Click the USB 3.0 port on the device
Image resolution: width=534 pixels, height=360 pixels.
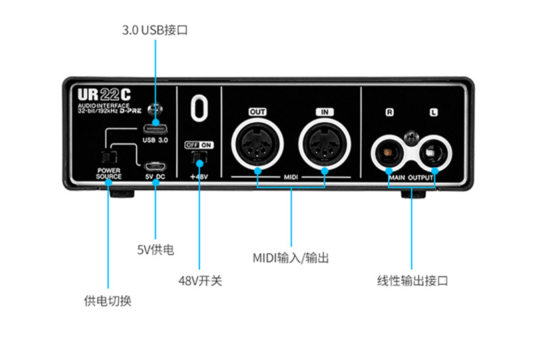tap(156, 129)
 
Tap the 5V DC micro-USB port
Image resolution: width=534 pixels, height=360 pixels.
tap(155, 166)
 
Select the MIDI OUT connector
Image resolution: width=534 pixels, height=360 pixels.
tap(258, 144)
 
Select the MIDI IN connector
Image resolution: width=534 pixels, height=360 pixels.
tap(324, 144)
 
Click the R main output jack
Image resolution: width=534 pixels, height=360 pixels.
tap(388, 152)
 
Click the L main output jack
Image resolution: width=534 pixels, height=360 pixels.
tap(434, 152)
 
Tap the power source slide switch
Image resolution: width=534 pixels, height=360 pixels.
tap(109, 157)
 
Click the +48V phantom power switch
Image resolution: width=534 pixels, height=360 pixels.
tap(199, 156)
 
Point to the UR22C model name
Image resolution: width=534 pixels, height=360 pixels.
tap(104, 95)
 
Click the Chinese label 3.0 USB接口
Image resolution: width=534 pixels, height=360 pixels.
tap(155, 30)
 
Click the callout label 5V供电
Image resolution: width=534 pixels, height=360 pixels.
tap(156, 250)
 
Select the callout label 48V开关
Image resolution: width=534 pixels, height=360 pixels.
tap(200, 281)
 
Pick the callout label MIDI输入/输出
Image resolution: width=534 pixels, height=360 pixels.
tap(291, 258)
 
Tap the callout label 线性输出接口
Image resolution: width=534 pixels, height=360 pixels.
tap(413, 281)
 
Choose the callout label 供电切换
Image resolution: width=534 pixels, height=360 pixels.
tap(107, 301)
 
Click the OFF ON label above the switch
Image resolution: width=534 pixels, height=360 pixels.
tap(199, 145)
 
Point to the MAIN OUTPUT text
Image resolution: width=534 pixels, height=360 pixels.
tap(411, 178)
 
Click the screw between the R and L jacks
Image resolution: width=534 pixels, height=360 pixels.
tap(411, 138)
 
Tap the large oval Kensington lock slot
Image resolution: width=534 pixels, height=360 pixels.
tap(199, 108)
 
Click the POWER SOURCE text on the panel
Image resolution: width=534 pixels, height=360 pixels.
tap(109, 173)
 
